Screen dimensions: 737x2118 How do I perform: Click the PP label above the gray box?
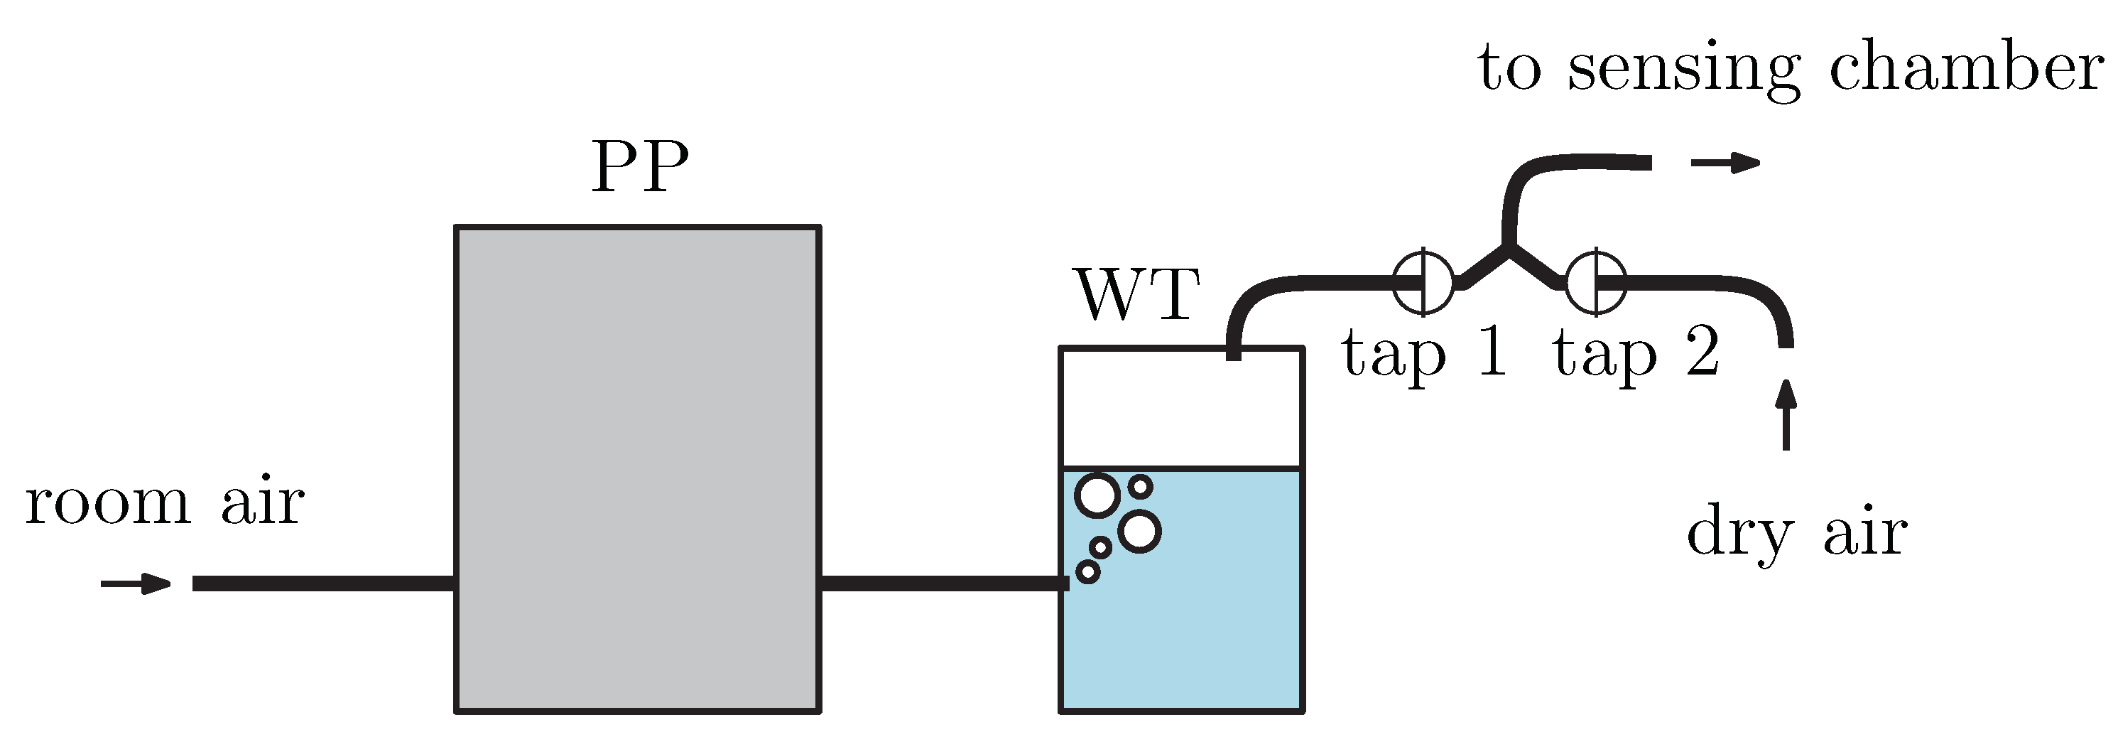coord(640,166)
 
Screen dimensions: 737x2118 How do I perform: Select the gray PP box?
coord(638,469)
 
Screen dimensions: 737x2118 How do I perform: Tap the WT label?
coord(1138,294)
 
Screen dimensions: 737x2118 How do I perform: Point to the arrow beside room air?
coord(136,584)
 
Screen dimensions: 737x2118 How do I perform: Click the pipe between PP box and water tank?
coord(941,584)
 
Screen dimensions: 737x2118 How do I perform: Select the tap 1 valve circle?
coord(1424,281)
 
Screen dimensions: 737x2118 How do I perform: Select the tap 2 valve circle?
coord(1596,281)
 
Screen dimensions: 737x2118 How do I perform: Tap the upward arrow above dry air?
coord(1786,415)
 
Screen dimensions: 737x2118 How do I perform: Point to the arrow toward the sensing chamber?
coord(1725,163)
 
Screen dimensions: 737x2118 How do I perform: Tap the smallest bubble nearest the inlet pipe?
coord(1088,571)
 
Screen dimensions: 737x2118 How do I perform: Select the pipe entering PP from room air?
coord(323,584)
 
